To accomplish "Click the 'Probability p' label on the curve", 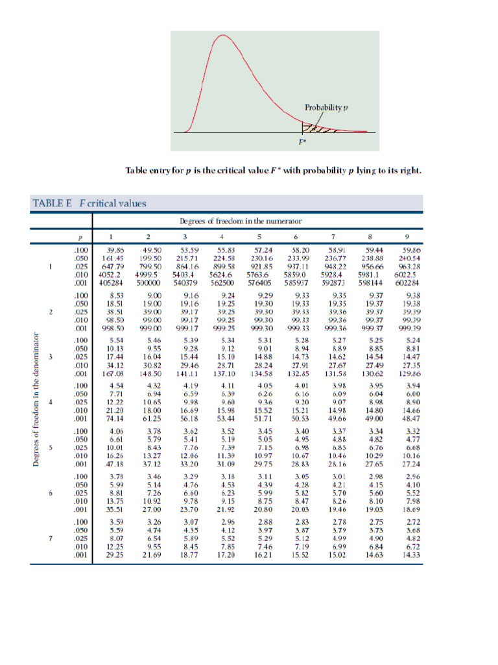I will [327, 107].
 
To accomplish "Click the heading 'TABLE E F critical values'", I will [89, 203].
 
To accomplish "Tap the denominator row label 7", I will [51, 538].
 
